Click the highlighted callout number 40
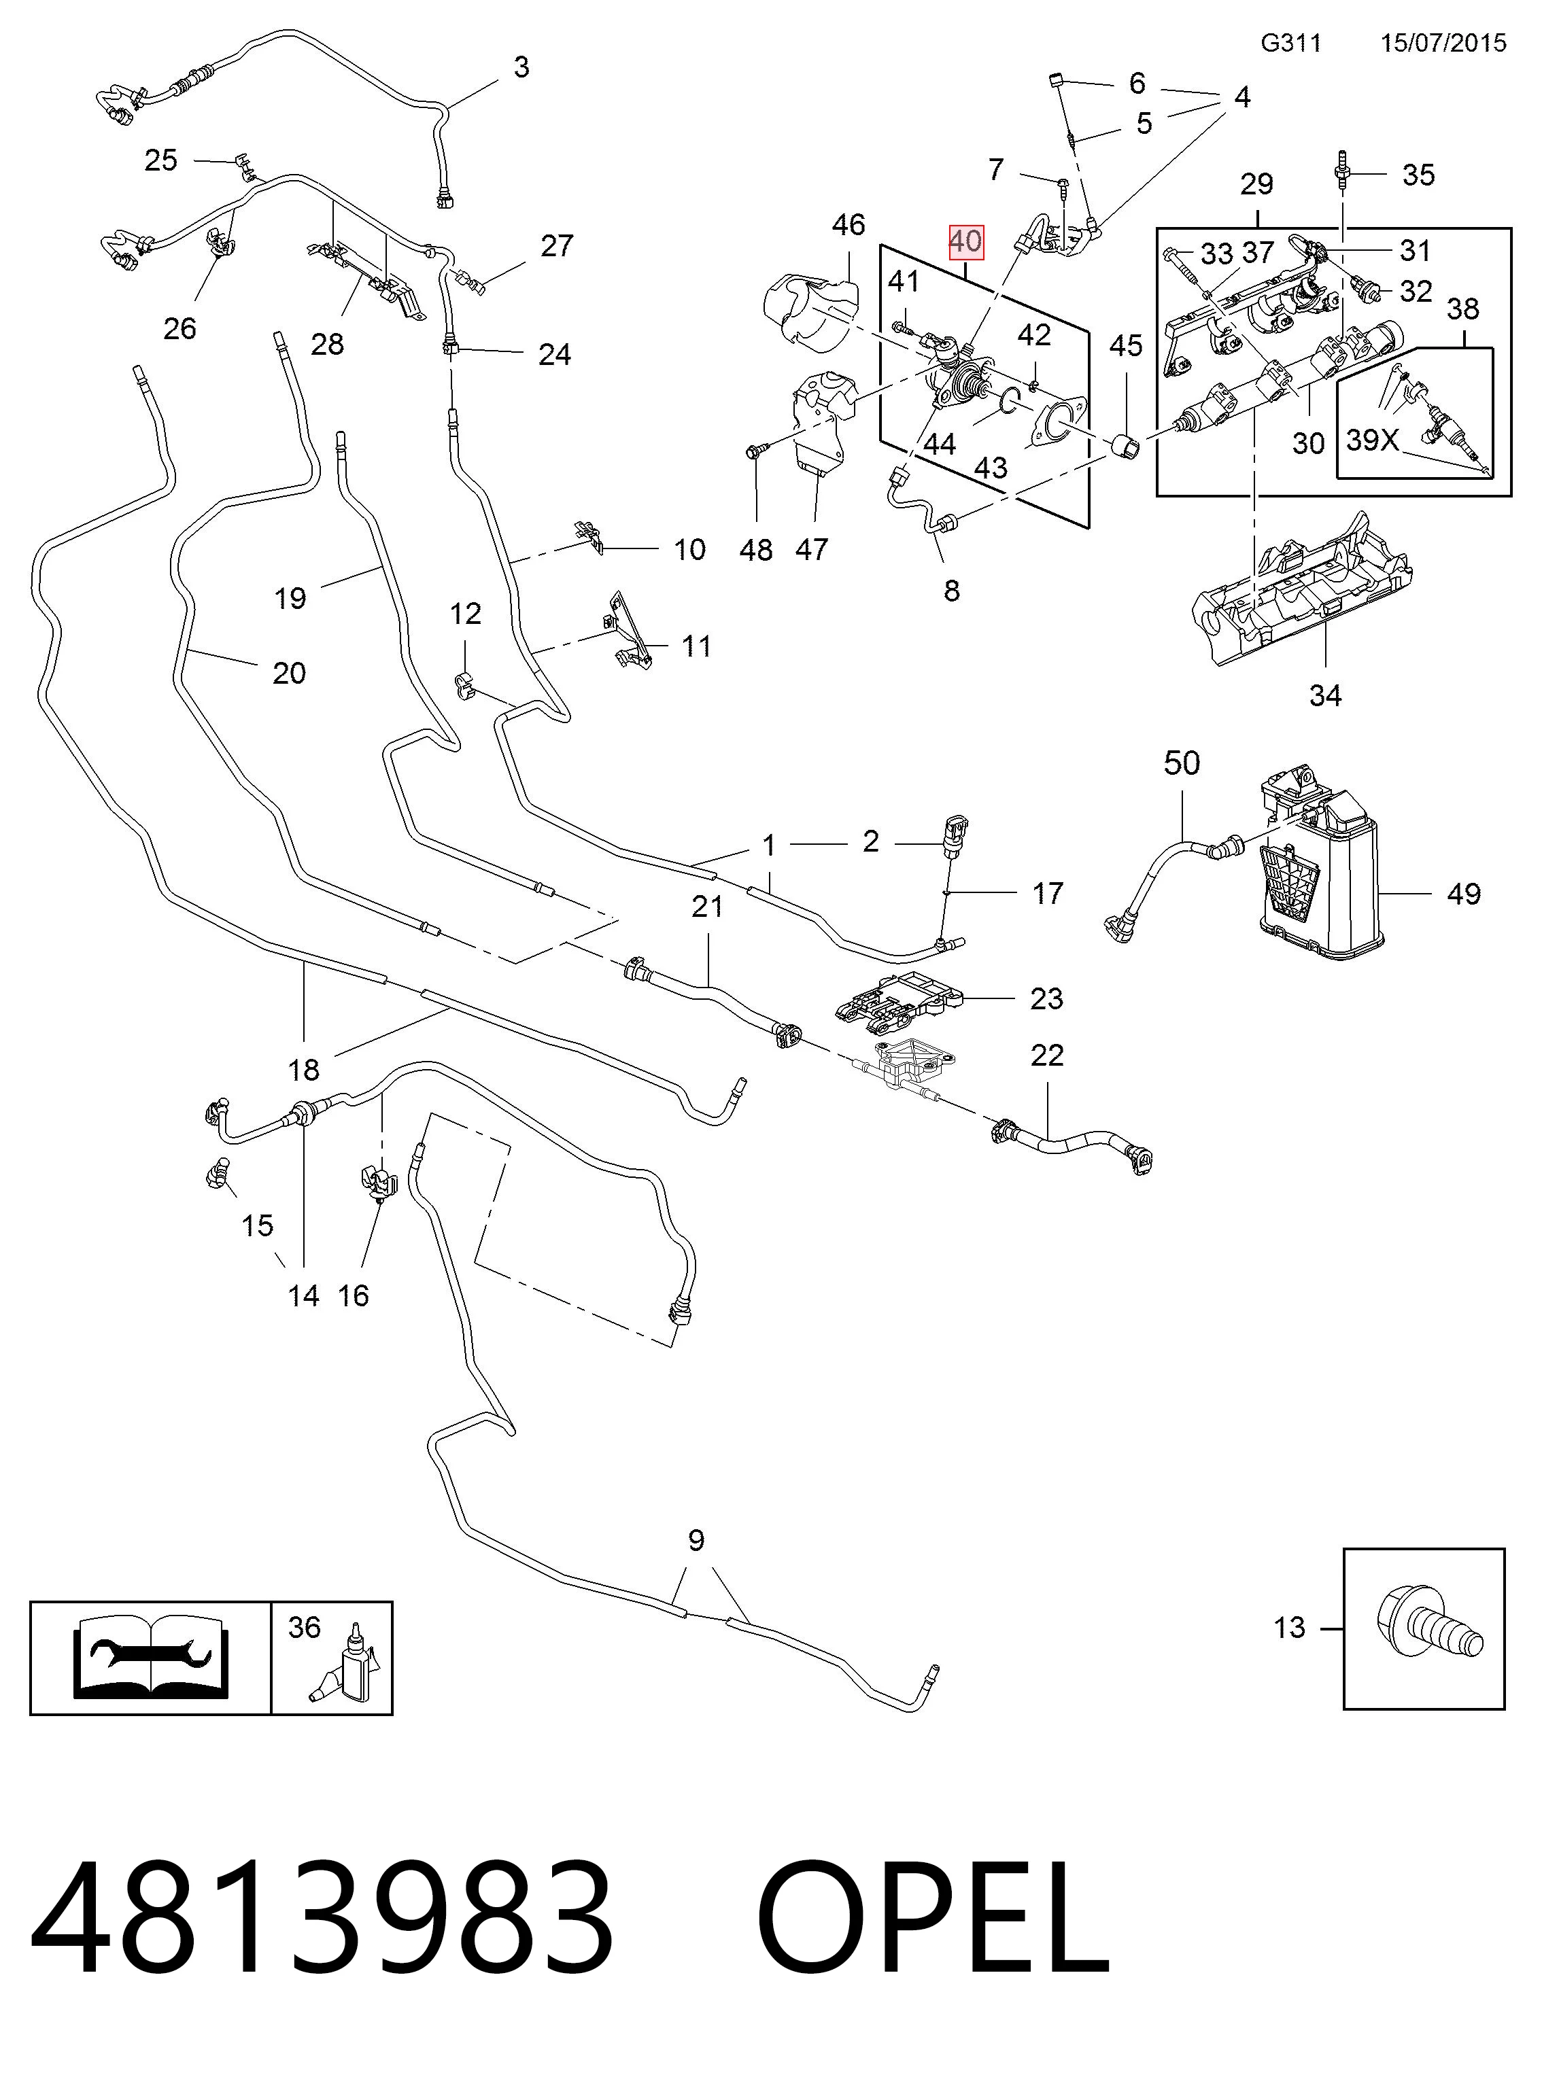(965, 243)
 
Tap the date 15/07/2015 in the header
(1443, 43)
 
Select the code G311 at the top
(1291, 43)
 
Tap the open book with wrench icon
(150, 1656)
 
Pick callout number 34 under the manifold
(1325, 695)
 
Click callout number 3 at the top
(521, 67)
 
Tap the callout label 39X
(1372, 440)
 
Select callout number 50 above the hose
(1181, 763)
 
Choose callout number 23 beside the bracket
(1046, 998)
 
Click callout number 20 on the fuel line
(290, 673)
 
